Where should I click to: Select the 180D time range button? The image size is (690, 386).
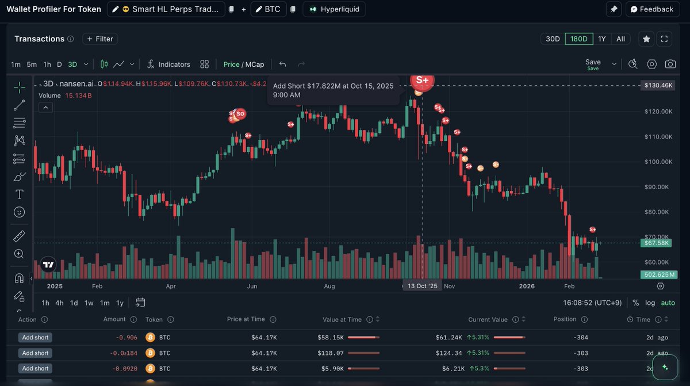coord(578,39)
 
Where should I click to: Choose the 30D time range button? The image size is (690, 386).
coord(553,39)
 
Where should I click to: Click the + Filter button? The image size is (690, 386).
coord(100,39)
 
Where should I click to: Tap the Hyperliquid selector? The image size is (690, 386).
coord(334,9)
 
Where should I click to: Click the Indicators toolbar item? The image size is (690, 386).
coord(168,64)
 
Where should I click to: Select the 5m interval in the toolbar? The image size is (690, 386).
coord(32,64)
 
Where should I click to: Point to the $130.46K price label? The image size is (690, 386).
coord(658,85)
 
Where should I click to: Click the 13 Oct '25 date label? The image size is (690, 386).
coord(422,286)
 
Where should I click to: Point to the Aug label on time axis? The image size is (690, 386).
coord(329,286)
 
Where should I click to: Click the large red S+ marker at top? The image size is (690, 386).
coord(422,80)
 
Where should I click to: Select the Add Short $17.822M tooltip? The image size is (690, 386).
coord(333,90)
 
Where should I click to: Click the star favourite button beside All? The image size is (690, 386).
coord(646,39)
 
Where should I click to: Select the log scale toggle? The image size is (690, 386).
coord(650,303)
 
